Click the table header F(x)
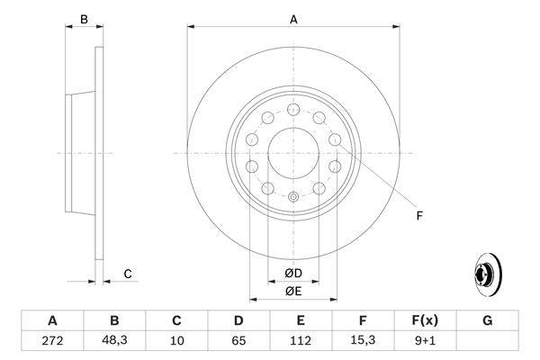tap(425, 320)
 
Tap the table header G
tap(487, 320)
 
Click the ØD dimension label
tap(293, 272)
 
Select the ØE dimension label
tap(293, 290)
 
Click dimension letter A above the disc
tap(293, 18)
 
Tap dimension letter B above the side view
tap(84, 19)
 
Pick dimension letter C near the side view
tap(128, 274)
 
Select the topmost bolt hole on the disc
tap(292, 109)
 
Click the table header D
tap(238, 320)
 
